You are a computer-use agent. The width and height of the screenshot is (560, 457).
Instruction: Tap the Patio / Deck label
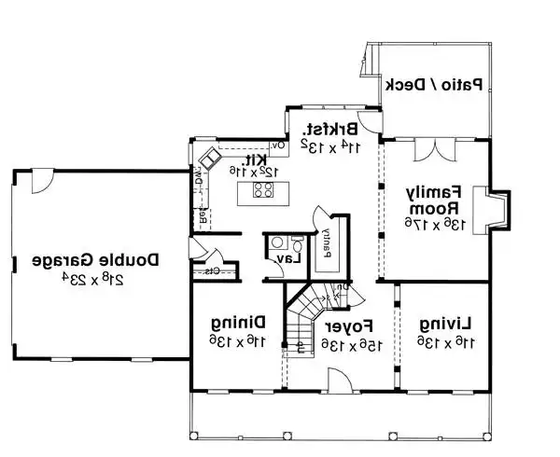(434, 84)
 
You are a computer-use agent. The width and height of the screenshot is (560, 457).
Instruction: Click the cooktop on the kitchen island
(263, 192)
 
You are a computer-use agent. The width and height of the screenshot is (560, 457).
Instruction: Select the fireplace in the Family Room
(490, 207)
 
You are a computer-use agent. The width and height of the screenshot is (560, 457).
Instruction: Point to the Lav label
(295, 257)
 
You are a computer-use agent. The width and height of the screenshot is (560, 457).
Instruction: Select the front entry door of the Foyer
(338, 380)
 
